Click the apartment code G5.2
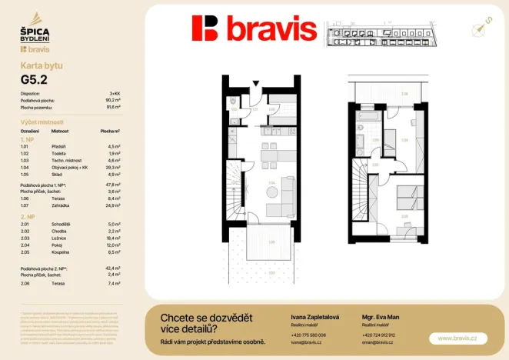coord(32,78)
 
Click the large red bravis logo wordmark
coord(254,29)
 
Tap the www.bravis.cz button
coord(457,338)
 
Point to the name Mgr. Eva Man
coord(379,317)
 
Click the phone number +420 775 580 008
coord(308,335)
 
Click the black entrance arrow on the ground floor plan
coord(258,84)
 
